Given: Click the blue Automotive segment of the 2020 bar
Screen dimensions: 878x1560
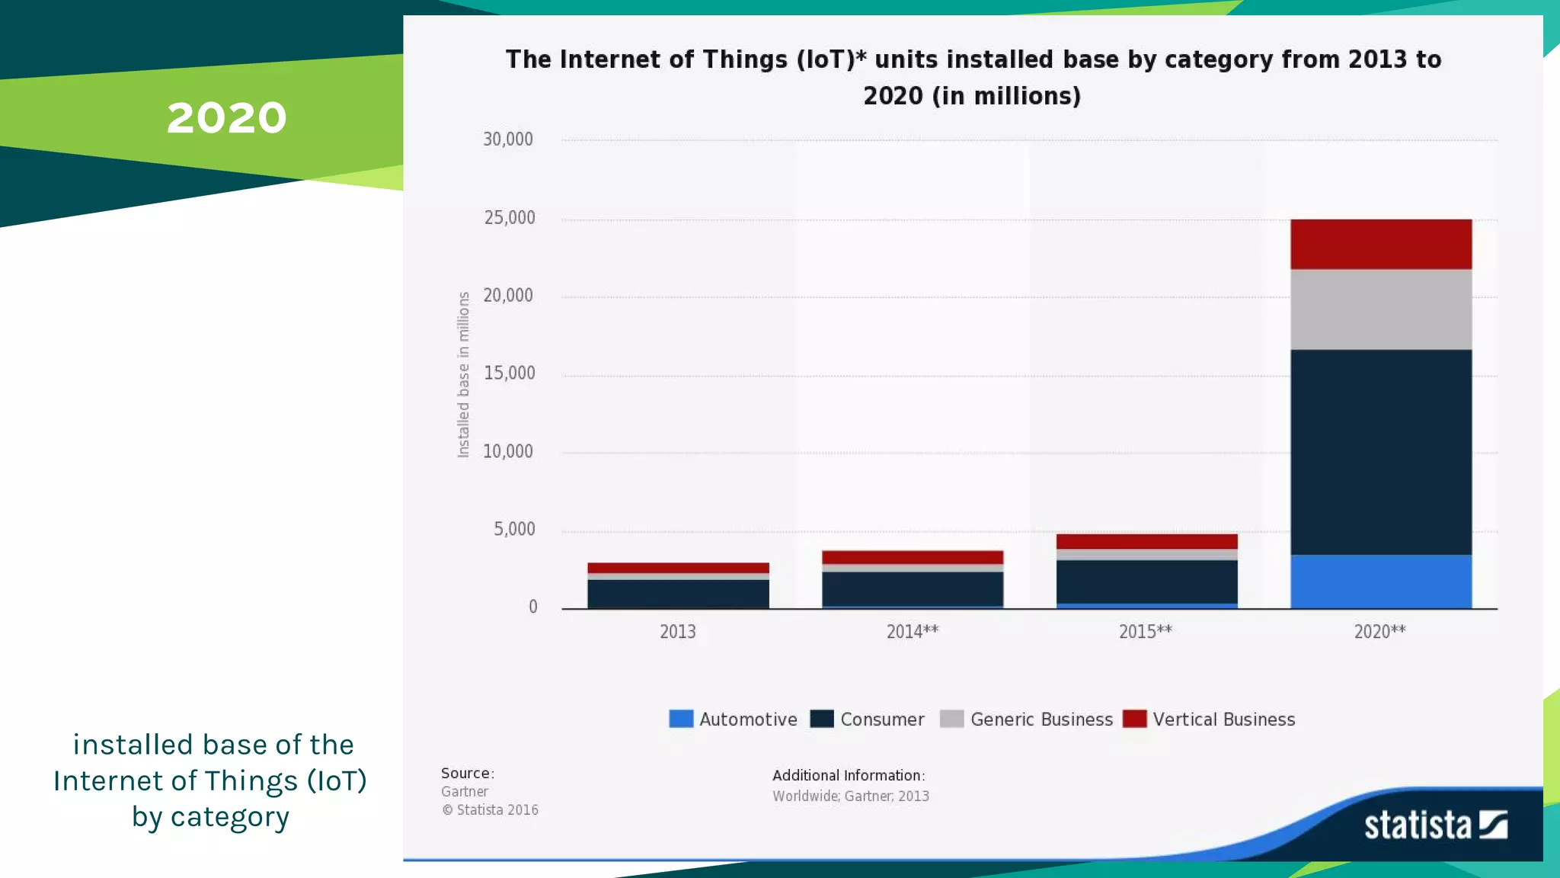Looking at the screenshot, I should point(1380,581).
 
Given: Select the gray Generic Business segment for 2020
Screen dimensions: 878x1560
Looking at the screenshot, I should point(1380,309).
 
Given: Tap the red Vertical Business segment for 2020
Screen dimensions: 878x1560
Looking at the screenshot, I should point(1380,244).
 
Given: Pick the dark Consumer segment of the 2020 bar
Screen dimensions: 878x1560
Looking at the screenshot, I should point(1380,451).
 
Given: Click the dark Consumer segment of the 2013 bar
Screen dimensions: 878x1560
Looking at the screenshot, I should point(678,593).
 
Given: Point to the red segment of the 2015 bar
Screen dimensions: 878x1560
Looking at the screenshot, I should point(1146,541).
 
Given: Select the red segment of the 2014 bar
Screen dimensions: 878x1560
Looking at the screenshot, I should point(912,557).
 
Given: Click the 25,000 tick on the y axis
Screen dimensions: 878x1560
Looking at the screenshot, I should point(510,218).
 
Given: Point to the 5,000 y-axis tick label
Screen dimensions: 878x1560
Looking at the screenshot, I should point(514,529).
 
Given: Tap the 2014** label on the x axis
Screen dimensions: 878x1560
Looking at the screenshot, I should point(912,631).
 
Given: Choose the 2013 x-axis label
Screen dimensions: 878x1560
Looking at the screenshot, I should point(677,631).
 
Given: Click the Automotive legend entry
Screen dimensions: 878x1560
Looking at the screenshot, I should point(733,719).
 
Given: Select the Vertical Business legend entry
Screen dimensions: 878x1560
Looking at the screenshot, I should point(1209,719).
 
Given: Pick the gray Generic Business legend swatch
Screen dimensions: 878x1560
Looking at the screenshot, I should point(951,719).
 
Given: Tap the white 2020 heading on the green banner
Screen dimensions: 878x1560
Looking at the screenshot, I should point(226,118).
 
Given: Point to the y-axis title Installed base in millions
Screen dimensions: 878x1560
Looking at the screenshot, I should point(463,374).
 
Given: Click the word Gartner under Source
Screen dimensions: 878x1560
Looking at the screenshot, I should point(465,792).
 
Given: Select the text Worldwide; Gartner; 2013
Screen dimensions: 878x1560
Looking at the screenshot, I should point(850,796).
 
